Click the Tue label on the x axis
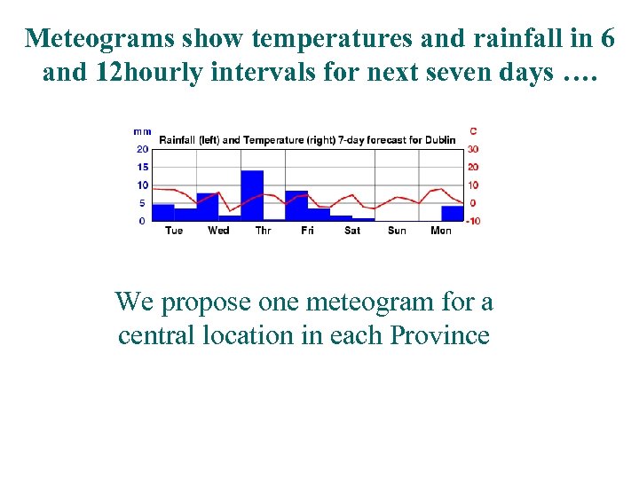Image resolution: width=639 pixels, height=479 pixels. pos(174,231)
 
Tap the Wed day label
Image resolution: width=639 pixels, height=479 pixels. pos(218,231)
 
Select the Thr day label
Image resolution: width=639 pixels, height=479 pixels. pos(264,231)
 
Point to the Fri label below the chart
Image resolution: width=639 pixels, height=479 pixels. pos(307,231)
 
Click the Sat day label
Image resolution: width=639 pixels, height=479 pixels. pos(352,231)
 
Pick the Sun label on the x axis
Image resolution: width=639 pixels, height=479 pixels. pos(397,231)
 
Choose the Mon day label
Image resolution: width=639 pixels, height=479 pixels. pos(441,231)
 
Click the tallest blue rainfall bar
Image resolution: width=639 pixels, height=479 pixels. pos(252,195)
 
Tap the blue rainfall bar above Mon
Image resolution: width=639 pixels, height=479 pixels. pos(453,213)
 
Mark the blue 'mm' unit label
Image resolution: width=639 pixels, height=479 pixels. pos(141,131)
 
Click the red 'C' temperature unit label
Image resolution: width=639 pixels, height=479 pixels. pos(473,131)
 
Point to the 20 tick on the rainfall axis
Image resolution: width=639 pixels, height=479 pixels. pos(142,149)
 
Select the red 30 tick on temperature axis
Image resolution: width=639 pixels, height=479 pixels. pos(473,149)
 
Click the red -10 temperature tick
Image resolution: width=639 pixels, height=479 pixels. pos(473,221)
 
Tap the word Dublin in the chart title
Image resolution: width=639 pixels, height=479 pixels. pos(439,139)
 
